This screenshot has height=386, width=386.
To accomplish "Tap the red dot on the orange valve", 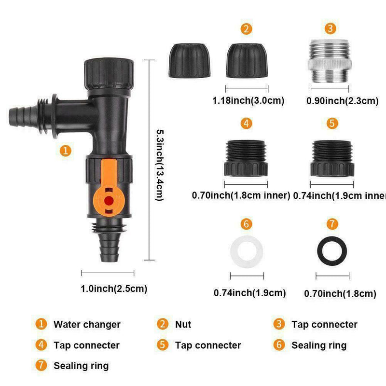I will coord(108,199).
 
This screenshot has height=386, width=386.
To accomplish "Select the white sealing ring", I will coord(247,250).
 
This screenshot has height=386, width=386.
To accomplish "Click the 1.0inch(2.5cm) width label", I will coord(114,289).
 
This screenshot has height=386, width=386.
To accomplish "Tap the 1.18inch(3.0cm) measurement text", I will coord(248,101).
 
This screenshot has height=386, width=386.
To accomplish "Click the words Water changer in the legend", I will coord(87,324).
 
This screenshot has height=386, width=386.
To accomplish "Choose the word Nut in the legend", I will coord(183,324).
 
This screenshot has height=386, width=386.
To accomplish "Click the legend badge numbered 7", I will coord(42,365).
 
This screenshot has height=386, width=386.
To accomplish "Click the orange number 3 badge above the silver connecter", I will coord(330,28).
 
